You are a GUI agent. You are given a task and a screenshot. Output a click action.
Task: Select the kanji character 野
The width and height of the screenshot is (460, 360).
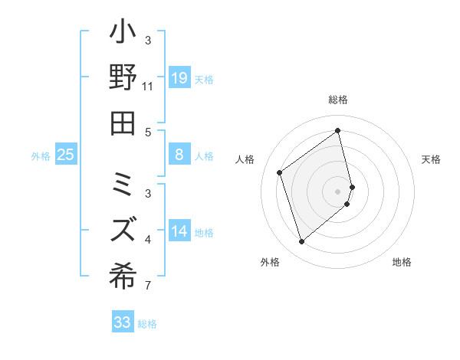(123, 80)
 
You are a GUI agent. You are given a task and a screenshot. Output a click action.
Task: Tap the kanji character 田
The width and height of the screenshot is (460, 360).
(123, 122)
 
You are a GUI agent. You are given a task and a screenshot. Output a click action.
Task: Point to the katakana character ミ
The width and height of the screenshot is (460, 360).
(123, 185)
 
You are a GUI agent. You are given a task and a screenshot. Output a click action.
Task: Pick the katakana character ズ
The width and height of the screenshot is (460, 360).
(123, 228)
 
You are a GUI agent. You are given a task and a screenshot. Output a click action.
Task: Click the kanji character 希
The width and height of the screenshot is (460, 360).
(123, 273)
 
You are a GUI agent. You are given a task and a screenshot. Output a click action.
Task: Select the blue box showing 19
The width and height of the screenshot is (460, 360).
(179, 78)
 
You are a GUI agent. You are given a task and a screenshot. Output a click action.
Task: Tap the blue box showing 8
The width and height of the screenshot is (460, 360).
(179, 155)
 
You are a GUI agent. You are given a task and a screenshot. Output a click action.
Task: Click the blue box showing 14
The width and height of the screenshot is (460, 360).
(179, 231)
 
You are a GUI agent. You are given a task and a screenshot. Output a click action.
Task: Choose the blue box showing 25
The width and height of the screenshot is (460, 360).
(66, 155)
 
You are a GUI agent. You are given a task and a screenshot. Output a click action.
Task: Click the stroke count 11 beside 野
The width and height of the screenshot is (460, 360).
(147, 87)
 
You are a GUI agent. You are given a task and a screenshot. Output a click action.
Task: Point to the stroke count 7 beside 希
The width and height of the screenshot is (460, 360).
(147, 287)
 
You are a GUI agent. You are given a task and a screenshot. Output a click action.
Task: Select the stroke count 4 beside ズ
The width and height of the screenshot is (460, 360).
(147, 241)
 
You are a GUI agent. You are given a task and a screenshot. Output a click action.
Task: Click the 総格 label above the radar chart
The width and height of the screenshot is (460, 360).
(338, 100)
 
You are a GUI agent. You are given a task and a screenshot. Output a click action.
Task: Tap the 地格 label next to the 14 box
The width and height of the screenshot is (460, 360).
(204, 232)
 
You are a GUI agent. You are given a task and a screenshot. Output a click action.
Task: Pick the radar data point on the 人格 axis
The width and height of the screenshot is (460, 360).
(280, 172)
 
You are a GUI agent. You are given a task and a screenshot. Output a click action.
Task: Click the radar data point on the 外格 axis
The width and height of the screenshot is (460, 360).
(301, 242)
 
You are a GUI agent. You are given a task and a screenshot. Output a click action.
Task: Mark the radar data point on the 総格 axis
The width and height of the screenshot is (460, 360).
(338, 130)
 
